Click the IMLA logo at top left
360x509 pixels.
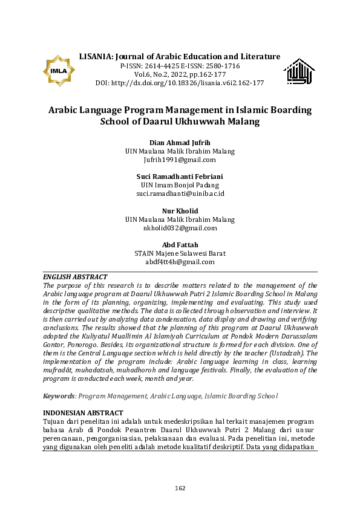[59, 71]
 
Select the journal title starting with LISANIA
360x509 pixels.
[180, 56]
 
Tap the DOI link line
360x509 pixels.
[180, 83]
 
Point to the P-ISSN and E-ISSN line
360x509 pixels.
[180, 65]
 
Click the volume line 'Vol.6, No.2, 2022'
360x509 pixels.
[180, 74]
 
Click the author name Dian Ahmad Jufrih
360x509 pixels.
[180, 142]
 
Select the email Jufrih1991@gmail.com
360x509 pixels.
[180, 160]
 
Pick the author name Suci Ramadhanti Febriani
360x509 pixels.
[180, 176]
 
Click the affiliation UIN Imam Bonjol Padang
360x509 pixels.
[180, 185]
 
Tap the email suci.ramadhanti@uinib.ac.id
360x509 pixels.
[180, 193]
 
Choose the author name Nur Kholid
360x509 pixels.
[180, 210]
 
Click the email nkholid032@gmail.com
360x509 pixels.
[180, 228]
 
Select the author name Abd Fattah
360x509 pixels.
[180, 244]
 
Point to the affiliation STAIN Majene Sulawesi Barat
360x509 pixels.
[180, 253]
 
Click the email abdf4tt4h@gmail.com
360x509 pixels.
[180, 262]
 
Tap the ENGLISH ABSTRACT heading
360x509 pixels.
[75, 277]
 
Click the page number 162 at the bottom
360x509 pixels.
[180, 488]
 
